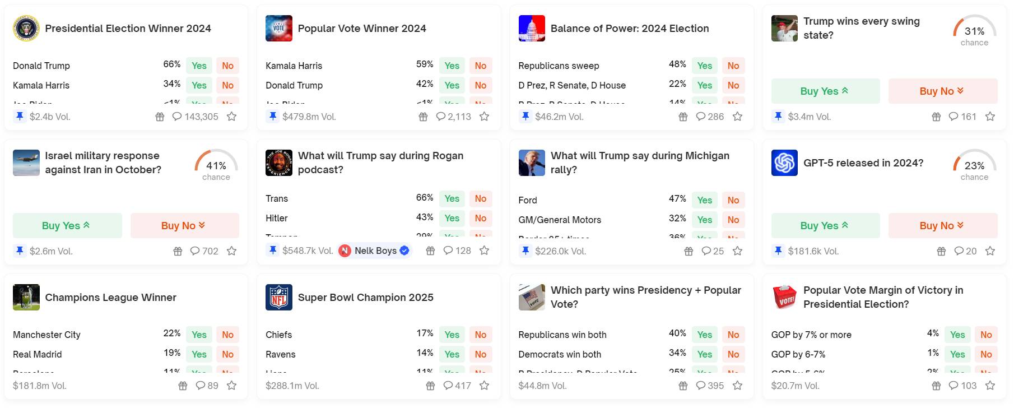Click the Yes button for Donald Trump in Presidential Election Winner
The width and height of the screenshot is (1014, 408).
click(x=199, y=66)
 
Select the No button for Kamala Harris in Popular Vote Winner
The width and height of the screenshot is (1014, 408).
click(x=480, y=66)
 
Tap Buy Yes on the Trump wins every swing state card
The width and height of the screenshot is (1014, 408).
click(x=825, y=91)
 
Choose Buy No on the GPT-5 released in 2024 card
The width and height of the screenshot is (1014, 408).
click(x=942, y=226)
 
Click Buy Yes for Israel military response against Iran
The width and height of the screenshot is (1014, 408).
click(x=67, y=226)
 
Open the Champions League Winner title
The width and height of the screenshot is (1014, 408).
click(x=110, y=298)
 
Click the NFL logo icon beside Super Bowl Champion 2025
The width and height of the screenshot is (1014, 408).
click(x=278, y=297)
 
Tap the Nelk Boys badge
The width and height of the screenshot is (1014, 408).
click(x=375, y=251)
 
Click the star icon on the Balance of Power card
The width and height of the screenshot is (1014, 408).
click(x=737, y=117)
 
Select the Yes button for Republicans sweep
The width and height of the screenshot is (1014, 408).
click(x=704, y=66)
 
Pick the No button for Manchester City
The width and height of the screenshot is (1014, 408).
click(x=227, y=335)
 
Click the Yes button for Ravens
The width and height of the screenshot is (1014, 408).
click(x=452, y=354)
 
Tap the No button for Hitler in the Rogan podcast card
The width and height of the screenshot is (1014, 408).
click(x=480, y=218)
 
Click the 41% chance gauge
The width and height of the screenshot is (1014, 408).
click(x=216, y=165)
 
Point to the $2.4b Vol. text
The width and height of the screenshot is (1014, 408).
click(x=49, y=117)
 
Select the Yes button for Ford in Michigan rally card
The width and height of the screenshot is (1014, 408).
click(x=704, y=200)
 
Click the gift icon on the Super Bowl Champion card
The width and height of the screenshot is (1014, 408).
click(x=430, y=386)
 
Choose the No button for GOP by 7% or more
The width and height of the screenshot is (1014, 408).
click(x=986, y=335)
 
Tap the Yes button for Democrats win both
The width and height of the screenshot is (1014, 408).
click(x=704, y=354)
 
